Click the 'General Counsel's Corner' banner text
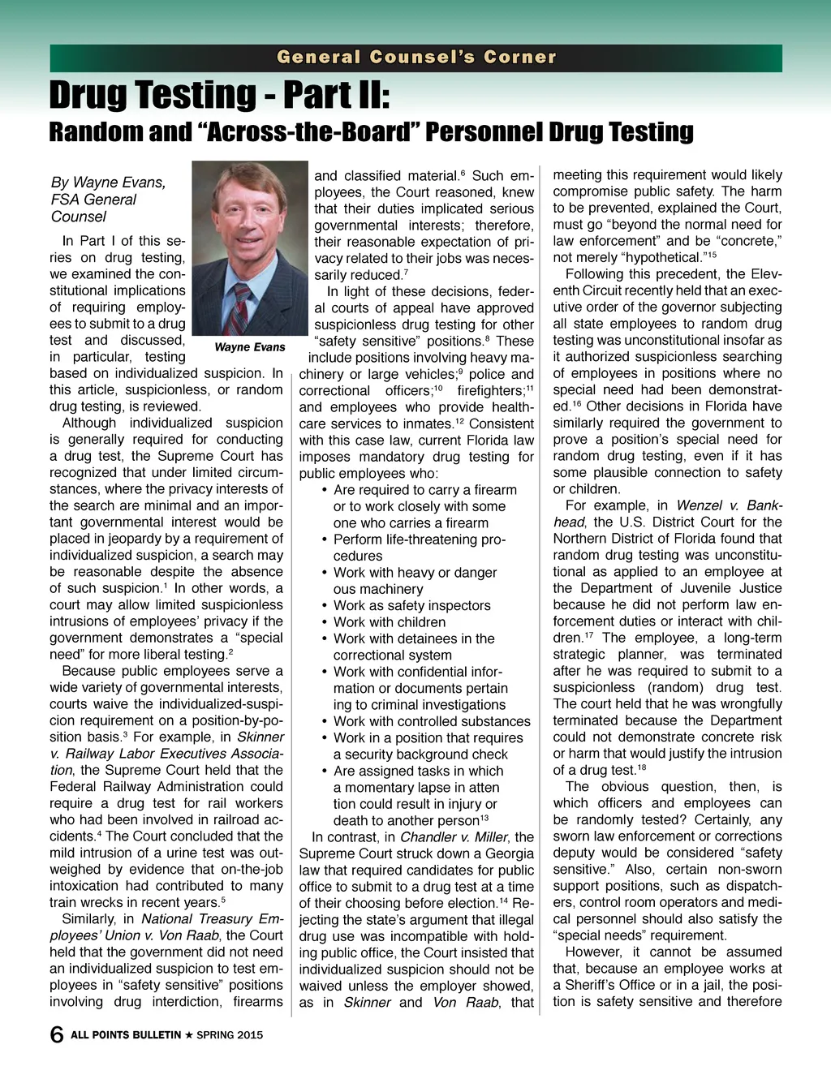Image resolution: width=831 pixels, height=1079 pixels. [416, 58]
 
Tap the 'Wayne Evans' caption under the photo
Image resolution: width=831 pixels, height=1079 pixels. [249, 347]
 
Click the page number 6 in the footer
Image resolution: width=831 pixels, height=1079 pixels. [57, 1034]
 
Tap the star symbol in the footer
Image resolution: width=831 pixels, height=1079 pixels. [188, 1035]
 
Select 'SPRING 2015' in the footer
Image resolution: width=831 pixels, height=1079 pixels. [230, 1035]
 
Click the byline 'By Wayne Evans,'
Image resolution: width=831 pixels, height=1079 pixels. [108, 183]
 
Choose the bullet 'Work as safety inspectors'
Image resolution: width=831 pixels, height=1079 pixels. [411, 605]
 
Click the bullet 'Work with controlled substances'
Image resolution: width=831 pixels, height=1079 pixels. [432, 721]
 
